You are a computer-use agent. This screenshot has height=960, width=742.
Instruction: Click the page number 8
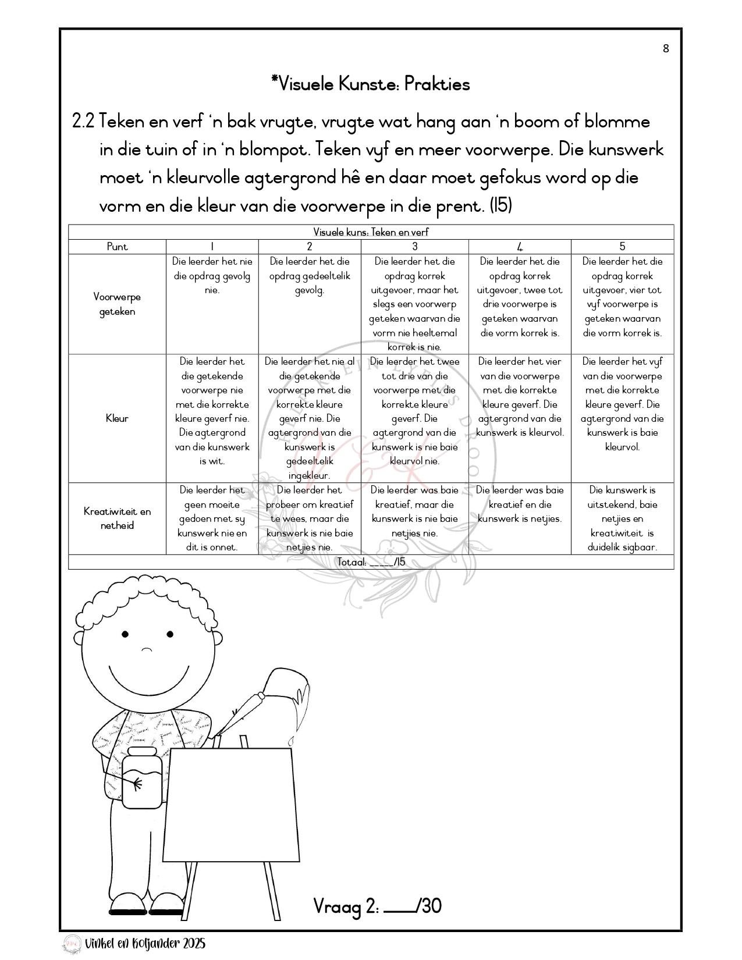click(666, 48)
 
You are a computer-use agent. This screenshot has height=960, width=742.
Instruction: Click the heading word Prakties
click(436, 84)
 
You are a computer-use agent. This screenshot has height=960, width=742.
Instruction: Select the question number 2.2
click(83, 122)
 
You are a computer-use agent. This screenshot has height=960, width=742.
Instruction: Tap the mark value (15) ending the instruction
click(500, 205)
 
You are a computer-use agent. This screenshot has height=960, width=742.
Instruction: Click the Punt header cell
click(117, 247)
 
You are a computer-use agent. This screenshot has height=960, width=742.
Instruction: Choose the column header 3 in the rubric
click(414, 247)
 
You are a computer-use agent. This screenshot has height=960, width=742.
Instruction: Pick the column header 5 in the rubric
click(622, 247)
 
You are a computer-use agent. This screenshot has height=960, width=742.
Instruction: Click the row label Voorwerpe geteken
click(117, 304)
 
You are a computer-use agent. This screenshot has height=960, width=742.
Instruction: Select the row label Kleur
click(117, 418)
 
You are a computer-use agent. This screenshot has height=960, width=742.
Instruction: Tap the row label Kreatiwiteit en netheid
click(117, 518)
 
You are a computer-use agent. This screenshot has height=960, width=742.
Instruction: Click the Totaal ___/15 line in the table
click(371, 562)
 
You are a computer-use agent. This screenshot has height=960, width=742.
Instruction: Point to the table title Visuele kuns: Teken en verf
click(371, 232)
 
